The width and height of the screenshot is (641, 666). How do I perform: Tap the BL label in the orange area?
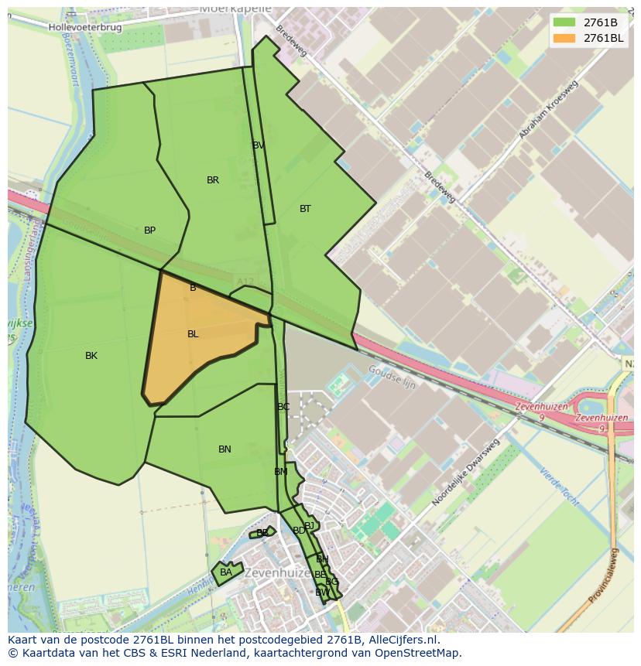pos(193,334)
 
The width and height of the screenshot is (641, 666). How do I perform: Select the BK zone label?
pos(91,356)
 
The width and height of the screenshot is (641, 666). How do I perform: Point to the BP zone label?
pos(149,231)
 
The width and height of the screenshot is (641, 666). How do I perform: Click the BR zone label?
pos(213,180)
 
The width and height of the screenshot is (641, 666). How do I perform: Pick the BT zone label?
pos(305,209)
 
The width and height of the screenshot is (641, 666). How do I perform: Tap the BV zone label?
pos(259,145)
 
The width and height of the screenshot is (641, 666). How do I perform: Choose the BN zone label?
pos(225,449)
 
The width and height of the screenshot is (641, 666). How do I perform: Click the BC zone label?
pos(283,407)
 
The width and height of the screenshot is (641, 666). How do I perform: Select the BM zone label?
pos(280,472)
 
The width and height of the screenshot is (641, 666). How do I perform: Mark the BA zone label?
pos(225,572)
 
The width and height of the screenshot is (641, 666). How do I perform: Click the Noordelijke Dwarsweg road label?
pos(465,473)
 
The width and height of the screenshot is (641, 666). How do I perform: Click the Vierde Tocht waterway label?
pos(561,488)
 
